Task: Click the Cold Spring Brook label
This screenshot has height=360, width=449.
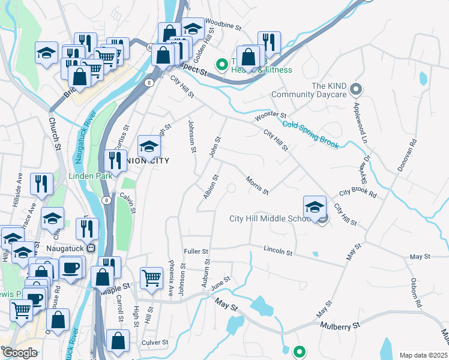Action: (x=310, y=134)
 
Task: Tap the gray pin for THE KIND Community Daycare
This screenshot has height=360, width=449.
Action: (x=355, y=90)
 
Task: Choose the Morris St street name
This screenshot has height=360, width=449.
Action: (x=257, y=185)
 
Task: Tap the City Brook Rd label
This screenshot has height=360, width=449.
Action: (x=357, y=194)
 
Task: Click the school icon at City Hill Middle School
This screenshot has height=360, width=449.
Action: (x=315, y=208)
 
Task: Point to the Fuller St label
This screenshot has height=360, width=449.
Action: (x=196, y=252)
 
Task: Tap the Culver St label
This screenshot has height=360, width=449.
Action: (x=155, y=343)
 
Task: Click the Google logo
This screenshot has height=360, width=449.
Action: (x=20, y=353)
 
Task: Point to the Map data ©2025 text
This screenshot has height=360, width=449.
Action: (x=423, y=355)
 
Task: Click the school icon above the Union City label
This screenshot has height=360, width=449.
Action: (x=148, y=146)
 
